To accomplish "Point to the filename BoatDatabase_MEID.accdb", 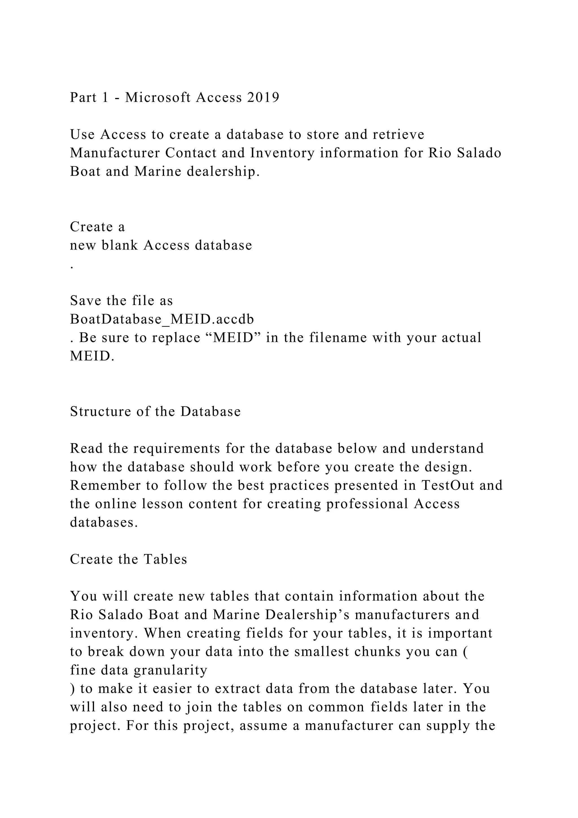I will point(162,319).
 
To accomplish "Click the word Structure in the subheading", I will point(101,412).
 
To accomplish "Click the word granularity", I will point(170,671).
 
